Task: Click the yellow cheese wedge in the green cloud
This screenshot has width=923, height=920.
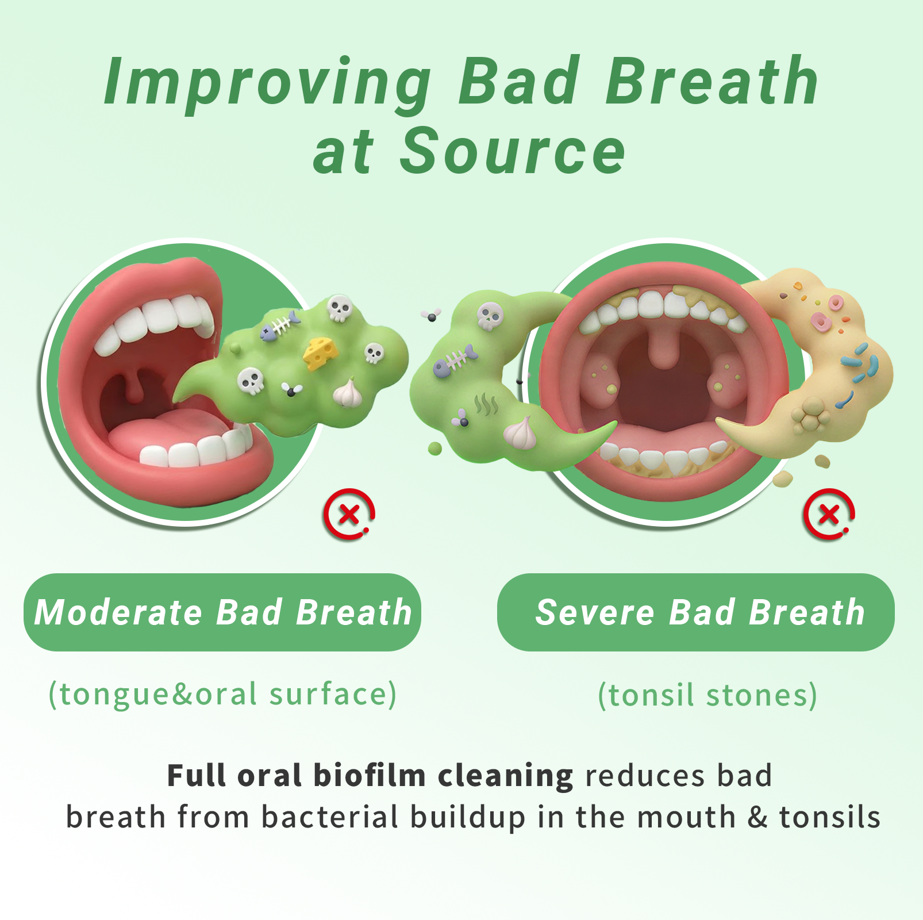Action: click(x=321, y=353)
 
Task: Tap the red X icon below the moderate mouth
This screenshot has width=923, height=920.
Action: click(x=349, y=514)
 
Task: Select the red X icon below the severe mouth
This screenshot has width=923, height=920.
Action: click(x=829, y=514)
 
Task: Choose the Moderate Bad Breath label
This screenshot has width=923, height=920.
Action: click(x=223, y=612)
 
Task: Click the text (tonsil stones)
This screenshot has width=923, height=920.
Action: click(x=707, y=695)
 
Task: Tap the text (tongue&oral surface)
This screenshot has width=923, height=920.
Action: click(x=222, y=695)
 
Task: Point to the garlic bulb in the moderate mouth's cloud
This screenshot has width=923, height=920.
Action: click(x=348, y=393)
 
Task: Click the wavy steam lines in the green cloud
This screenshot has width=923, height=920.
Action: click(x=486, y=404)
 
